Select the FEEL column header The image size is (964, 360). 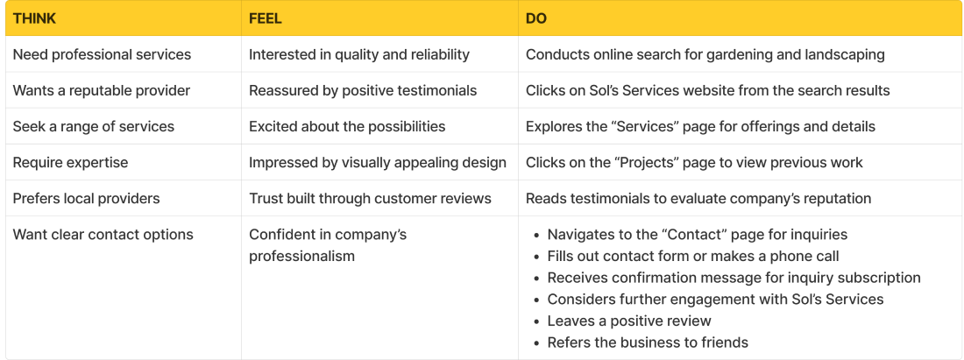pyautogui.click(x=266, y=18)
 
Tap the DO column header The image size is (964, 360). pyautogui.click(x=536, y=18)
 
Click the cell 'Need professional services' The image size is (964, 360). pyautogui.click(x=102, y=54)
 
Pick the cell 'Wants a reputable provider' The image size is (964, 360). pyautogui.click(x=101, y=90)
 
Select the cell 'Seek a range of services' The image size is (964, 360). pyautogui.click(x=93, y=126)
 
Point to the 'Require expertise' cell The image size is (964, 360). pyautogui.click(x=70, y=162)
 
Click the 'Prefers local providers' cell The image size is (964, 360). pyautogui.click(x=86, y=198)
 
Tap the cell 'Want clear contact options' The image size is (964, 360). pyautogui.click(x=103, y=235)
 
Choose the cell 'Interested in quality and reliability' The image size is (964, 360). pyautogui.click(x=359, y=54)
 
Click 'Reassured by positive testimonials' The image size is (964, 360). pyautogui.click(x=363, y=90)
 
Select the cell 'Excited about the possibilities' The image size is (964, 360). pyautogui.click(x=347, y=126)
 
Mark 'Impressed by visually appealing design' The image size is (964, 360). pyautogui.click(x=378, y=162)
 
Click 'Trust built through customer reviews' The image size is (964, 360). pyautogui.click(x=370, y=198)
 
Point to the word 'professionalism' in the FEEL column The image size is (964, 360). pyautogui.click(x=301, y=256)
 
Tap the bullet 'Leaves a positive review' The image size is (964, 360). pyautogui.click(x=629, y=321)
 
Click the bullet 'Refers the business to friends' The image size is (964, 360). pyautogui.click(x=648, y=342)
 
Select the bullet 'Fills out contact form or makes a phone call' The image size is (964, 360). pyautogui.click(x=693, y=256)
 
